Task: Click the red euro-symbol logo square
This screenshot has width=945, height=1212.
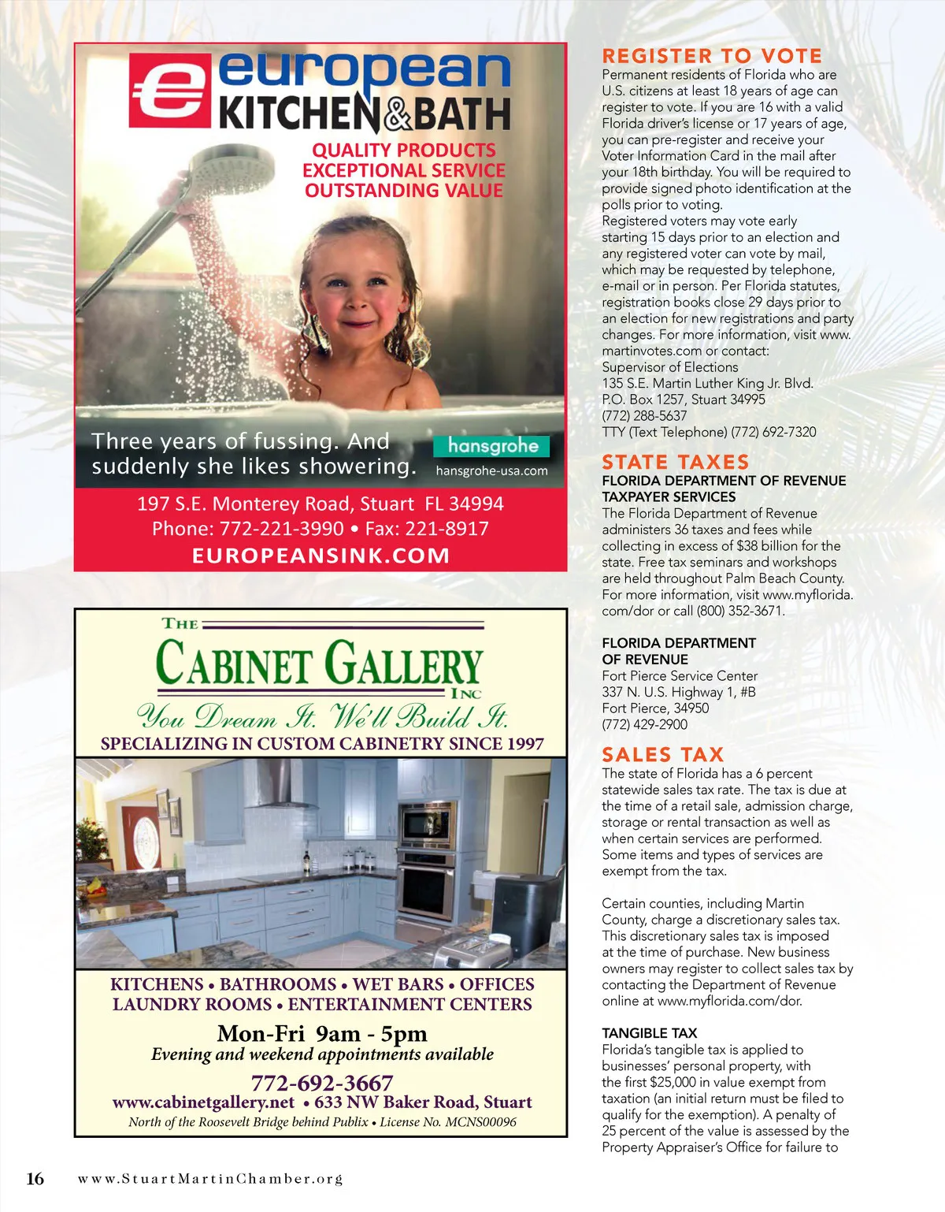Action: point(169,90)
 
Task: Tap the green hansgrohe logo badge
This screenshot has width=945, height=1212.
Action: point(492,446)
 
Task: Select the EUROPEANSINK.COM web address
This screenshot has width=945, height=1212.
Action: point(321,556)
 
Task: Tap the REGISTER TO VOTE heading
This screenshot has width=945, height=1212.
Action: point(712,56)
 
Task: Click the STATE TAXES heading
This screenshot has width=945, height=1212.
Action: point(675,462)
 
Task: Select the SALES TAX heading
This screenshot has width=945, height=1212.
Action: point(662,755)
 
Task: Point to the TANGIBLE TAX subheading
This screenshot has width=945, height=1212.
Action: point(649,1033)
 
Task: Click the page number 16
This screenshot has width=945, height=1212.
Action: point(35,1179)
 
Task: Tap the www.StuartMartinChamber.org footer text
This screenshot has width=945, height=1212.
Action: point(210,1179)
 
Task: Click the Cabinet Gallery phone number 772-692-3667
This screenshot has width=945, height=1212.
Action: point(321,1083)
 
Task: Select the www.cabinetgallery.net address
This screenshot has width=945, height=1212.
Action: point(203,1102)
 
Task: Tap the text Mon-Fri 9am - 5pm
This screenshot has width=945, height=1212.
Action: point(321,1033)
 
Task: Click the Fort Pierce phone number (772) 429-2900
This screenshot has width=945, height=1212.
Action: point(644,724)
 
